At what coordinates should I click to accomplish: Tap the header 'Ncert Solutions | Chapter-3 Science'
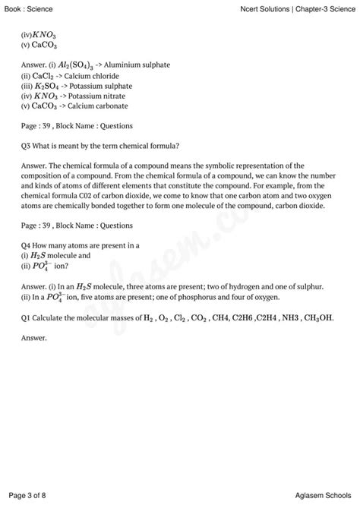tap(295, 8)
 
